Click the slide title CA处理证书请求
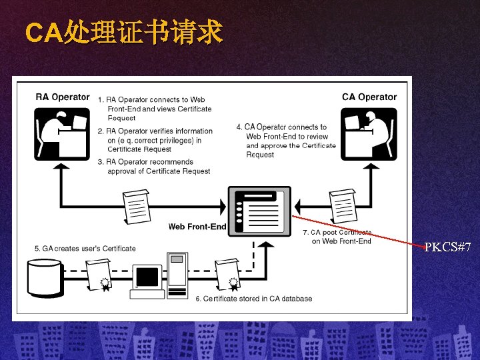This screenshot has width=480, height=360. [123, 32]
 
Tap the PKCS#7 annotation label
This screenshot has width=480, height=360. [448, 248]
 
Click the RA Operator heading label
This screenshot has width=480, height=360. [62, 97]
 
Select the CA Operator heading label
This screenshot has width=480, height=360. [369, 97]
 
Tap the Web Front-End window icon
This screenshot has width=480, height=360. [259, 211]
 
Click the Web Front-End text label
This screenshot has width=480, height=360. [197, 227]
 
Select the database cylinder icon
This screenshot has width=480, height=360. [45, 277]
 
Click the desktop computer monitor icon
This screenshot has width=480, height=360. [147, 278]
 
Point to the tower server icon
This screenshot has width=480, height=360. [177, 275]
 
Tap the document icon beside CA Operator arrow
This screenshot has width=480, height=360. [343, 205]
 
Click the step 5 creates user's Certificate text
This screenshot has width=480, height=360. [85, 249]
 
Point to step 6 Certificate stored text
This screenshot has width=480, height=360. [253, 299]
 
